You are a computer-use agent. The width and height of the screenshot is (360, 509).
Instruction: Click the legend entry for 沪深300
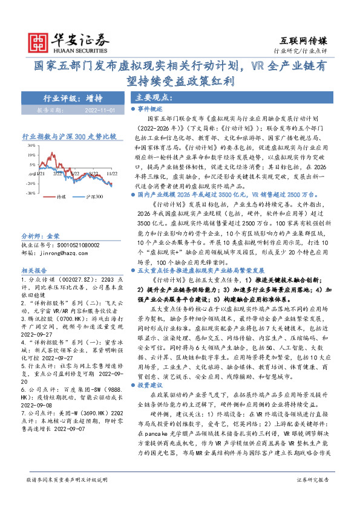(91, 197)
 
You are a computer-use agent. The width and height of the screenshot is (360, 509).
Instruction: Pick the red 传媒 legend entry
(57, 197)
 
